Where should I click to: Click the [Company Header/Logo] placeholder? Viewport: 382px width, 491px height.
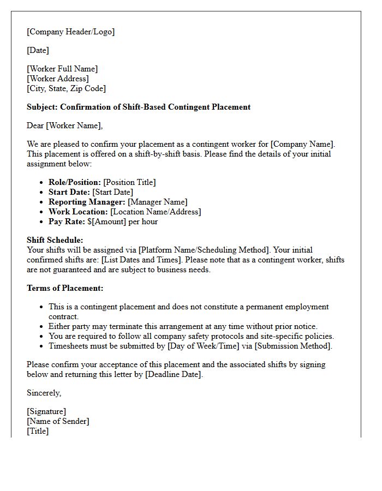70,32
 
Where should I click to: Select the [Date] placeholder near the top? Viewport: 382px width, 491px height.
38,50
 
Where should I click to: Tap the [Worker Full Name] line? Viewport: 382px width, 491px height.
62,69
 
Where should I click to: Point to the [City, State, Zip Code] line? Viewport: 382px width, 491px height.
66,88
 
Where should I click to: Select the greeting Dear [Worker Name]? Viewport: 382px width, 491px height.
64,125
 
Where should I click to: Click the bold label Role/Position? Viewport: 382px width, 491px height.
74,182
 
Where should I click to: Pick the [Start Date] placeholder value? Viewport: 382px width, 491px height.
112,192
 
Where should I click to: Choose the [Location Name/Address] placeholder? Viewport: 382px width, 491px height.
156,212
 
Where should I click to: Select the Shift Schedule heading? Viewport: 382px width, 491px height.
55,240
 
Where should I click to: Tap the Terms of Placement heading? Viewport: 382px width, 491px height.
65,288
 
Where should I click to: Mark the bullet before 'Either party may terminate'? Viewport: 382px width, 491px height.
41,327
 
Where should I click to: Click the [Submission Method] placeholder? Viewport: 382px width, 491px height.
295,346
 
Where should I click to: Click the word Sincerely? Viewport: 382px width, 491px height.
44,393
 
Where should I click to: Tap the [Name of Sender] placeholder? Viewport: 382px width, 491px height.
58,421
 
